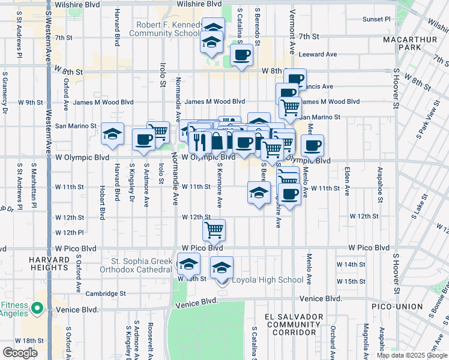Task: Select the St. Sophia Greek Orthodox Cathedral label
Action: point(137,265)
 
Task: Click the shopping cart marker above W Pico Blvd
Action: point(214,230)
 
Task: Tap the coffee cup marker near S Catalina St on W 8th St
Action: point(241,56)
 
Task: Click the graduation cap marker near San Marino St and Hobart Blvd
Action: point(112,136)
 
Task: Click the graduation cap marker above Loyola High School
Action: point(222,266)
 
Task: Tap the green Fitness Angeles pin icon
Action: point(37,308)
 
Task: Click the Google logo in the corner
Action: point(20,353)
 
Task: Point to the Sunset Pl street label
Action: point(376,19)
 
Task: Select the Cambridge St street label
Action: point(105,294)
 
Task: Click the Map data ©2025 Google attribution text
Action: point(411,355)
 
